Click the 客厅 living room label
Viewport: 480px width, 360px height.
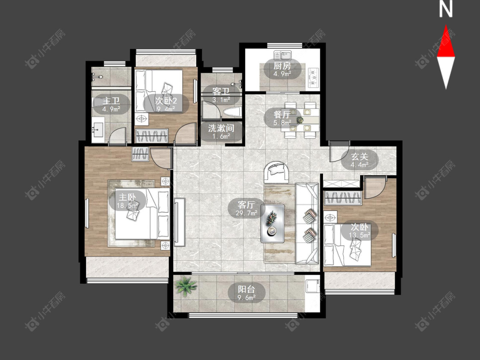pos(247,204)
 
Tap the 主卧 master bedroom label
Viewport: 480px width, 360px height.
pos(127,197)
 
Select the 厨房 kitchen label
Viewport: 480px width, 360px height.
pos(282,66)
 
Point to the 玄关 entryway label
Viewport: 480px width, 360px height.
pos(359,157)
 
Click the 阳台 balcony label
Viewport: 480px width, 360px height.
pos(247,289)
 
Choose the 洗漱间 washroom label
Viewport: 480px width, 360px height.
pos(221,128)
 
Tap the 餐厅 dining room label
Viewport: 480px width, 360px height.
pos(282,114)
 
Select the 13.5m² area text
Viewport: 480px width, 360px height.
pos(360,235)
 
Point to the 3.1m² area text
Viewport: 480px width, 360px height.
pos(221,99)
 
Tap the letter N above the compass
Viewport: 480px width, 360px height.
pos(446,9)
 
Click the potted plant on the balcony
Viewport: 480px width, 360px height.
pos(186,286)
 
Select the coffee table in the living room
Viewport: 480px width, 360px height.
pos(273,223)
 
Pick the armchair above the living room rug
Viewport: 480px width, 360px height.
pos(276,172)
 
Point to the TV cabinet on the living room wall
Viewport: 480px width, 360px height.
pos(180,222)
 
